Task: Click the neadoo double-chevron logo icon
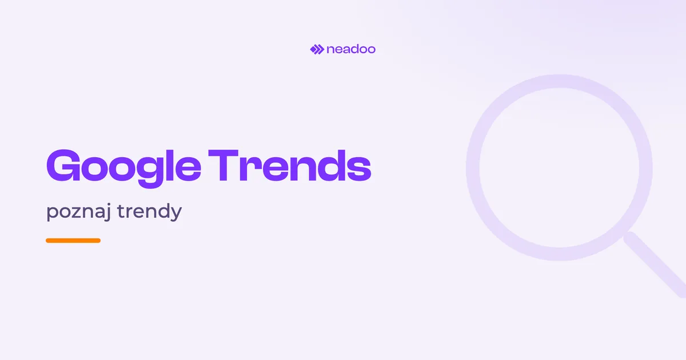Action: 317,49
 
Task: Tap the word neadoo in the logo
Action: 351,49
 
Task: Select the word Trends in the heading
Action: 290,166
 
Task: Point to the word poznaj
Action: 79,211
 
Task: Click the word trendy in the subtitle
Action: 150,211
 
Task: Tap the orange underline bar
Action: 73,241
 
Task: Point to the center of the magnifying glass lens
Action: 559,168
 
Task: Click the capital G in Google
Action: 63,166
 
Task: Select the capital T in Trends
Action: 224,166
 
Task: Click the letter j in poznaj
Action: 107,211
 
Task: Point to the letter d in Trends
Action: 331,166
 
